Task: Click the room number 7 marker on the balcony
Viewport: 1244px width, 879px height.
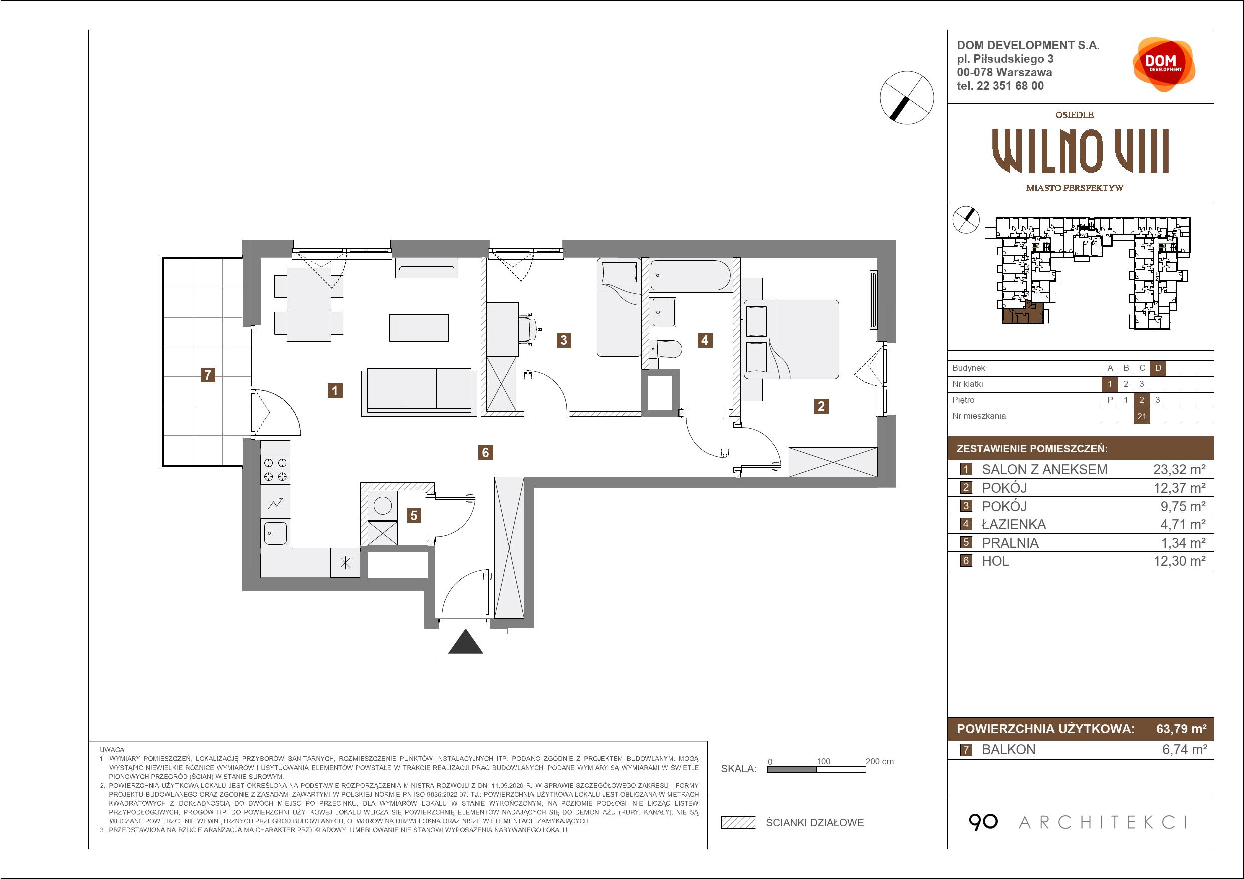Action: click(x=208, y=375)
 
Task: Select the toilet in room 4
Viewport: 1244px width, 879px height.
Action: click(x=665, y=350)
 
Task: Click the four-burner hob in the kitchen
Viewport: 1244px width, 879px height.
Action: click(x=275, y=470)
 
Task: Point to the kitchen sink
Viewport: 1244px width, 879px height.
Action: click(x=275, y=533)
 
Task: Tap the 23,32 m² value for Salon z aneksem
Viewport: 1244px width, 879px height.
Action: click(x=1179, y=469)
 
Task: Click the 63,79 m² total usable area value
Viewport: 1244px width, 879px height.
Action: click(x=1181, y=729)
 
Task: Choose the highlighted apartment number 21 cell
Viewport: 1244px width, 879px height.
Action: click(x=1142, y=416)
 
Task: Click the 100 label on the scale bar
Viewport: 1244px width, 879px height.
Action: click(x=823, y=761)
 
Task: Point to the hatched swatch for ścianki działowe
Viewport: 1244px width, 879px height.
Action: click(x=738, y=823)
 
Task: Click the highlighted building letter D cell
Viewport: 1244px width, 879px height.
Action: click(x=1158, y=368)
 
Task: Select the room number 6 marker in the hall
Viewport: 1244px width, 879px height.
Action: click(x=485, y=452)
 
